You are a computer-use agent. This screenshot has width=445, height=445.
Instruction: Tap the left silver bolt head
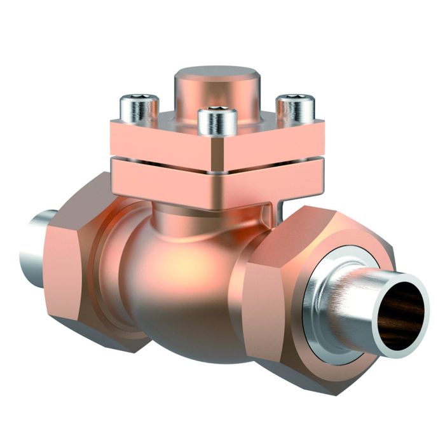[x=139, y=110]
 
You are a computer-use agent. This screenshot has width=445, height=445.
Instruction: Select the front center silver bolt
[x=217, y=123]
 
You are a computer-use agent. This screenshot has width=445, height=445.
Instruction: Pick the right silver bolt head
[x=295, y=110]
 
